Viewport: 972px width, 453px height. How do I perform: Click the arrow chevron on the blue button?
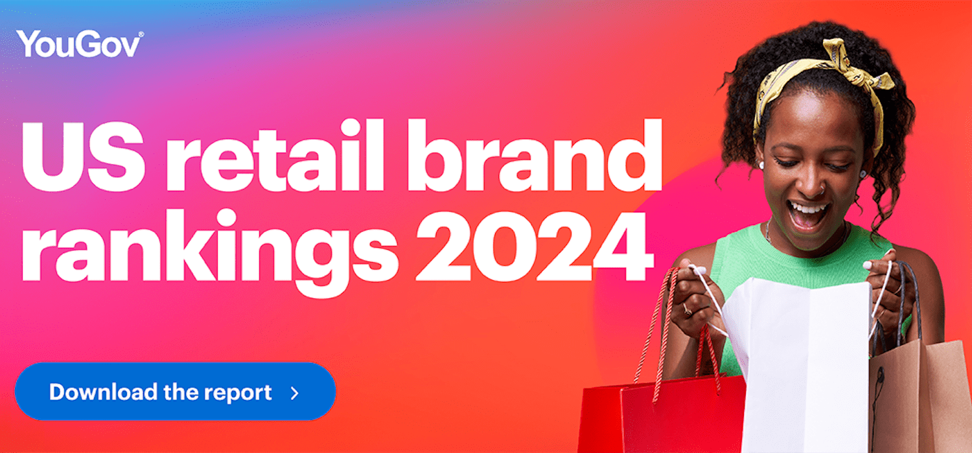(295, 393)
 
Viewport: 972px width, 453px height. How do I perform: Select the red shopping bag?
(661, 414)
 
